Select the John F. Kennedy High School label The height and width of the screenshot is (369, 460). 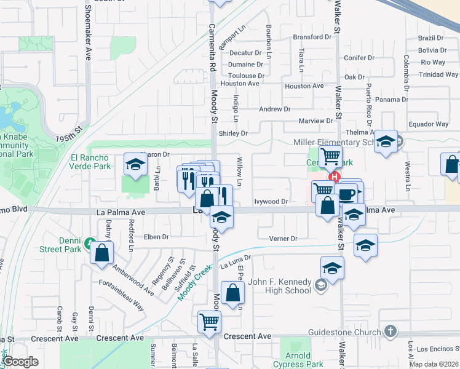pos(280,287)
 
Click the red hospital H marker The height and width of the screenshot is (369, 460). pos(335,178)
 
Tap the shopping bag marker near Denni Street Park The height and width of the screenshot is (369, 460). pos(101,252)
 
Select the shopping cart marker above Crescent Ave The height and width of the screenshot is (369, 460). pos(210,321)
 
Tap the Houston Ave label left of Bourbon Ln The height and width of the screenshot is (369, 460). pos(240,83)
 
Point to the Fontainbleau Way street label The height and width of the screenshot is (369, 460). pos(121,295)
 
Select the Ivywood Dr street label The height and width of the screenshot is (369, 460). pos(271,201)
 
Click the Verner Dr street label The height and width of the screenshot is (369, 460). pos(283,239)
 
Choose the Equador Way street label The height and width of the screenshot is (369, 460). pos(429,124)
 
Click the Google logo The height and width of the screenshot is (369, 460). pos(21,362)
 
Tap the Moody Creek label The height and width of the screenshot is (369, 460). pos(194,282)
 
